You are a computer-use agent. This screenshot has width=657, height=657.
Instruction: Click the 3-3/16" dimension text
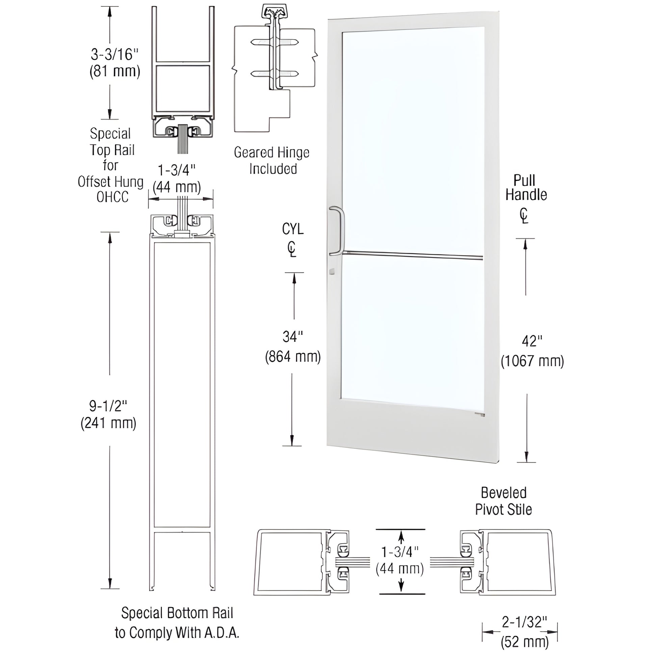tap(114, 54)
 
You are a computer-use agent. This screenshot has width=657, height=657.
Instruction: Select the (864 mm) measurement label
tap(293, 357)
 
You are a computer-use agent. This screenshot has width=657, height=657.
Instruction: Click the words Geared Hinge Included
tap(272, 160)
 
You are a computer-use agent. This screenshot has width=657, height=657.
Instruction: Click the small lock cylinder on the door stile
tap(332, 271)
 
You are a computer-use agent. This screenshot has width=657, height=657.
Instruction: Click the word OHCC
tap(112, 197)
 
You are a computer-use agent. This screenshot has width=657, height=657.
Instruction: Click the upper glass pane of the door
tap(413, 136)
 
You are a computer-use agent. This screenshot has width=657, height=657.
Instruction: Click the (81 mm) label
tap(114, 72)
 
